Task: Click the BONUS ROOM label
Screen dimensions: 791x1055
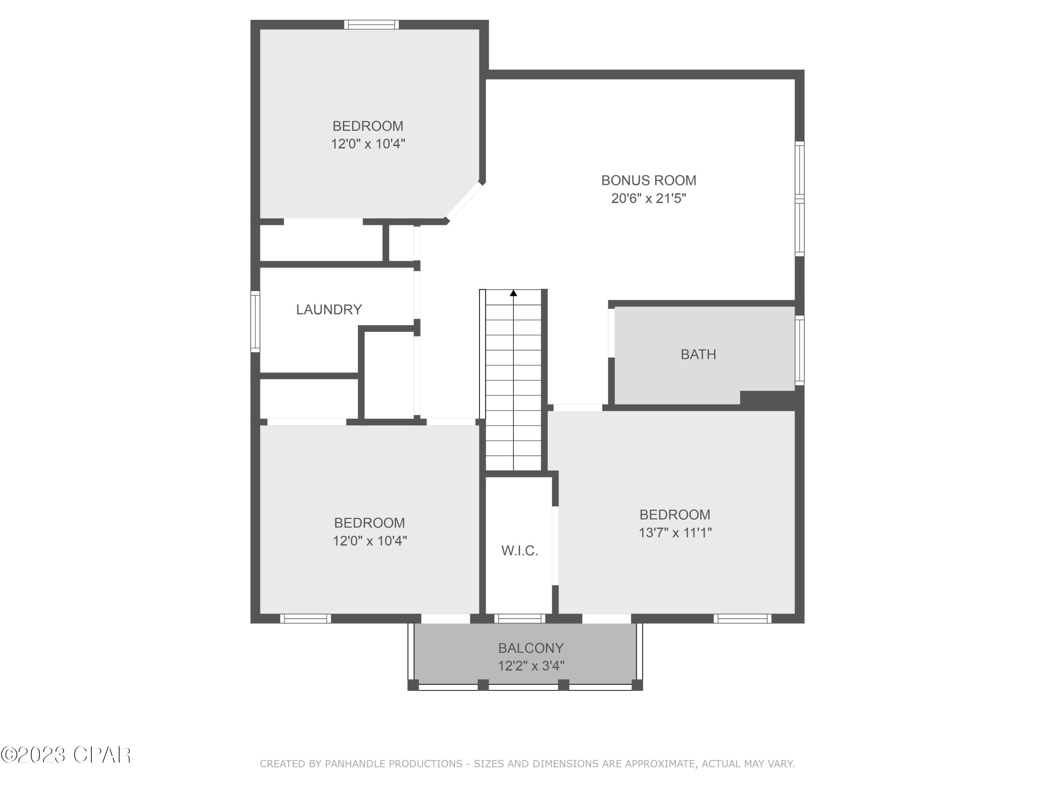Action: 648,180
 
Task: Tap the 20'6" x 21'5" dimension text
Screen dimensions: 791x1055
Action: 648,198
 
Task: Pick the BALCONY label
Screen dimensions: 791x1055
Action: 530,648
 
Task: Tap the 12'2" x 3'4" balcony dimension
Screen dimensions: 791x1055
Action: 531,665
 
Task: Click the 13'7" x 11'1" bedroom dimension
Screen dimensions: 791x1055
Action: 675,533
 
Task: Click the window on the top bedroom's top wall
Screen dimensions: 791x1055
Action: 372,24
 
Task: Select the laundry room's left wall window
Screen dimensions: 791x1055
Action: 256,321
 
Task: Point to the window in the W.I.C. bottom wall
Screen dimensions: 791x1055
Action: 519,618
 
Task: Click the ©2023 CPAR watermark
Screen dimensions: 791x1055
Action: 66,755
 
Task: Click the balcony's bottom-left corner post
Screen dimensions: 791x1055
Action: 413,685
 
